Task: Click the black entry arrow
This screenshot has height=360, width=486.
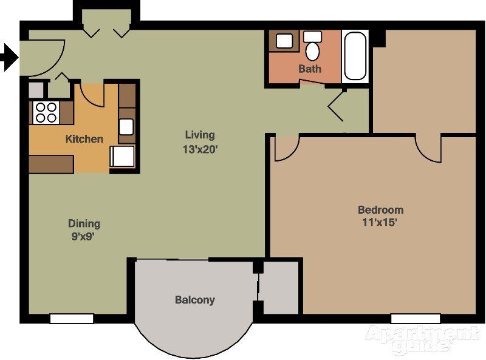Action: point(9,58)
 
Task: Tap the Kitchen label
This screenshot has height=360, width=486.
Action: point(84,139)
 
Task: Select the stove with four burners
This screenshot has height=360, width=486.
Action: point(46,112)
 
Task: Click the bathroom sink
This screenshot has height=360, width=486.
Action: point(284,41)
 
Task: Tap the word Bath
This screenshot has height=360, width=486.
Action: point(310,69)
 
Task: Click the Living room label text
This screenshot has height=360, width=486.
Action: point(200,135)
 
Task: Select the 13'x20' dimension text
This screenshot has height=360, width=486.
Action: point(200,149)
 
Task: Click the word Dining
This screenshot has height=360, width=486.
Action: point(84,223)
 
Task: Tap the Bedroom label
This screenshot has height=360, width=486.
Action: point(380,210)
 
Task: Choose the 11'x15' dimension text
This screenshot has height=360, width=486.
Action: point(380,222)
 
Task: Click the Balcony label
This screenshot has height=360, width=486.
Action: point(195,300)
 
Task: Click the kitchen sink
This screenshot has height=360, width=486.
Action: point(126,126)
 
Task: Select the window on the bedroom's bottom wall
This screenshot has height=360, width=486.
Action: point(415,318)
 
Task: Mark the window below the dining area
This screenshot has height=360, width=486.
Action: point(72,318)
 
